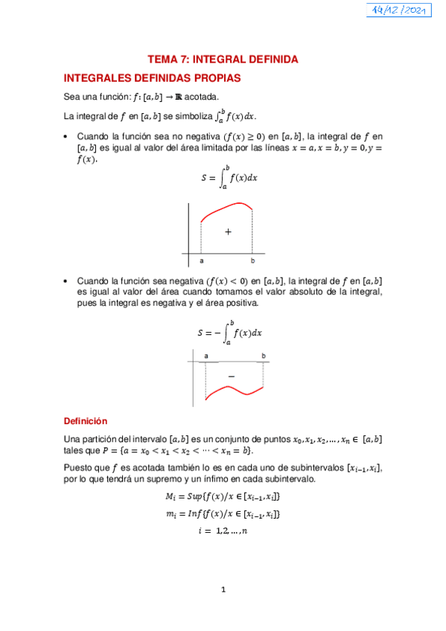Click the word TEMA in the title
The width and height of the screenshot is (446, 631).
[161, 59]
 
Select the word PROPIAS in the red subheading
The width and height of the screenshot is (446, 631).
[214, 77]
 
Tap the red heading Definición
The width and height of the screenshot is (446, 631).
[86, 420]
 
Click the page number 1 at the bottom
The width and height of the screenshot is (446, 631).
[223, 590]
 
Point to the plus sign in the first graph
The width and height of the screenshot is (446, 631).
[228, 231]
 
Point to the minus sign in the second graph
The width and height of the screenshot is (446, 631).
[231, 377]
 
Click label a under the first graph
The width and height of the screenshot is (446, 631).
[201, 261]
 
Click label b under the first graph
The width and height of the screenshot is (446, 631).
[252, 261]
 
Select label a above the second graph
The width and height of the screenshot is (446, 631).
[206, 356]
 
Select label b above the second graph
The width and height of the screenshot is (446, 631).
[264, 356]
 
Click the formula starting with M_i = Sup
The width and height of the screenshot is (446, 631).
[223, 496]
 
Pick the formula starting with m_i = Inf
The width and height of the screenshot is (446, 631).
[223, 513]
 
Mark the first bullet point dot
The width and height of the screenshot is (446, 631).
[67, 136]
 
